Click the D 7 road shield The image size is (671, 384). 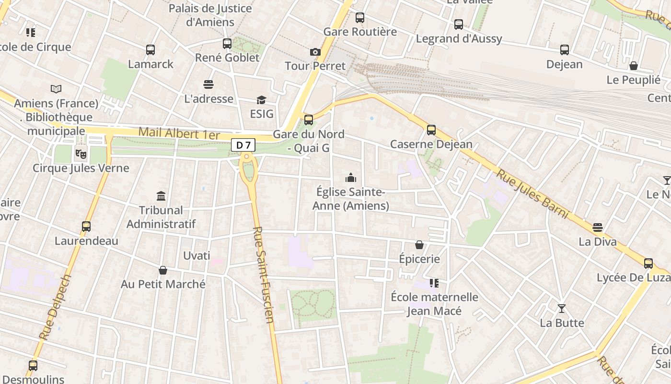[243, 145]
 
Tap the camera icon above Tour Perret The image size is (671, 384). [315, 52]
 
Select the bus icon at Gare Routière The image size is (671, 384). [360, 18]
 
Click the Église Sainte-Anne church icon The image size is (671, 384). [351, 178]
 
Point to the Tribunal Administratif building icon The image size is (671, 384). [161, 196]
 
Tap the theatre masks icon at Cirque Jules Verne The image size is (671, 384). [81, 154]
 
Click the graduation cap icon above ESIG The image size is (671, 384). [261, 100]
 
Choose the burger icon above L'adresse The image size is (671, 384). [208, 84]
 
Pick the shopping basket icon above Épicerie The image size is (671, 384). [419, 245]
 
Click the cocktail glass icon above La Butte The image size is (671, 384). [562, 308]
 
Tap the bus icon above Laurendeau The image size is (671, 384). [86, 227]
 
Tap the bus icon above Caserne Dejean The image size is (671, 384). [431, 130]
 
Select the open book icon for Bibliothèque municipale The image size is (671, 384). [56, 89]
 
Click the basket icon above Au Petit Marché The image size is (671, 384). [163, 270]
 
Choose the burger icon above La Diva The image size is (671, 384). [598, 227]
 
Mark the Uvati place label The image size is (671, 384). [197, 256]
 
